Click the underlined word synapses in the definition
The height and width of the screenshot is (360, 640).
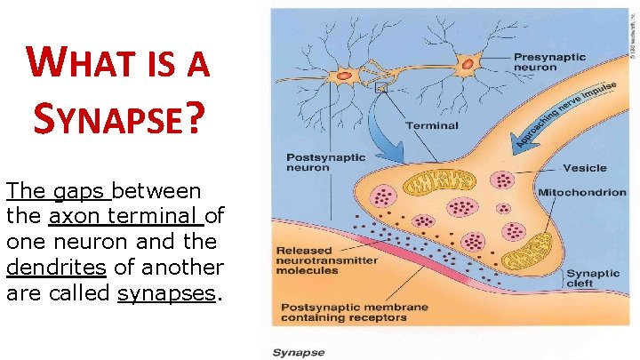point(166,293)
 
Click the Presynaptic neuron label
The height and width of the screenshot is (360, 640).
point(549,62)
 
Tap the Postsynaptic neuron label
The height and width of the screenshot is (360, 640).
point(325,163)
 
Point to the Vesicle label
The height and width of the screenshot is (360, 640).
point(584,167)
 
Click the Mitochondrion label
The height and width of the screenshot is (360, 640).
point(581,192)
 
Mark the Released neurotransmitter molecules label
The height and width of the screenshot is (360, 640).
point(326,260)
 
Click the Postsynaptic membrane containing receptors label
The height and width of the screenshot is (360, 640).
point(355,313)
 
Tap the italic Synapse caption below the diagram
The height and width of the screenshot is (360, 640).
point(298,352)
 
